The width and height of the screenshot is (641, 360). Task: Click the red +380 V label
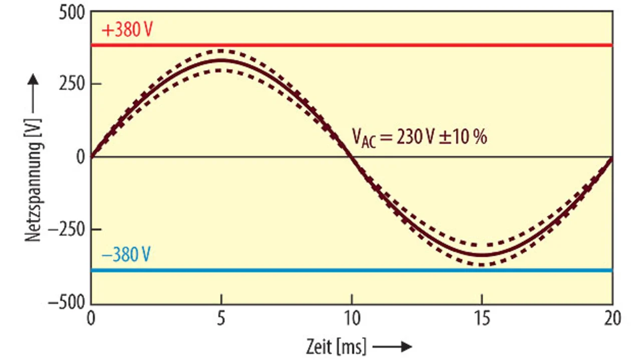click(127, 31)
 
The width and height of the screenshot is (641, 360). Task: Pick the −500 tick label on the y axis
click(67, 303)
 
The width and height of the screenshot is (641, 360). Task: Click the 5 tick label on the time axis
click(221, 318)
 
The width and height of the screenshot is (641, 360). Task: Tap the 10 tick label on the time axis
click(352, 318)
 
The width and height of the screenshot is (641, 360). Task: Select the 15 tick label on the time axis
click(482, 318)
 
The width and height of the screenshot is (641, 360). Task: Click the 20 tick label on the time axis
click(612, 318)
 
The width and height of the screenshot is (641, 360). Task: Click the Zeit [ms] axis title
click(336, 346)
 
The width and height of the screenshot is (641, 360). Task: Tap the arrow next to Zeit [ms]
click(393, 346)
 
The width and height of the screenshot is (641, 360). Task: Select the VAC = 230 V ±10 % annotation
click(420, 137)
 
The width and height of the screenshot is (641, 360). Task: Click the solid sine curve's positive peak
click(221, 60)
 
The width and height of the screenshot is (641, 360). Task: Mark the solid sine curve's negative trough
click(482, 255)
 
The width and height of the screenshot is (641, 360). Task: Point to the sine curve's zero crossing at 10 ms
click(352, 157)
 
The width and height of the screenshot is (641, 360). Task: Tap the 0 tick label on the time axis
click(91, 318)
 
